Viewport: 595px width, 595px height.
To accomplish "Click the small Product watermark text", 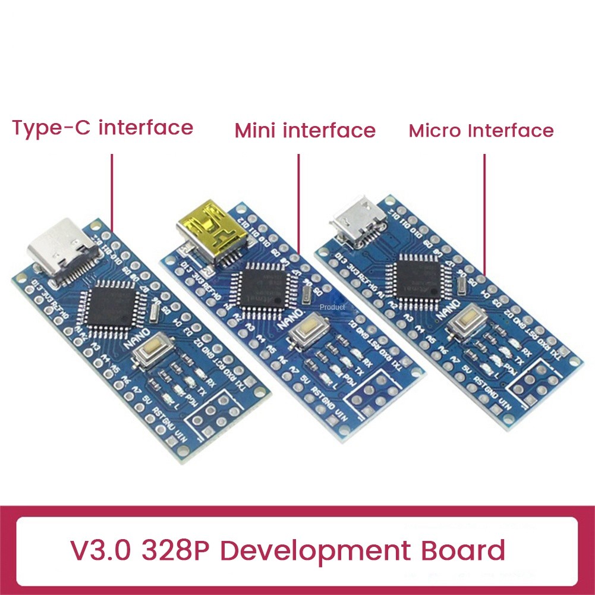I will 332,307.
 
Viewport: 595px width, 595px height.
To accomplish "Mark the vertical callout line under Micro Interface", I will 484,214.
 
